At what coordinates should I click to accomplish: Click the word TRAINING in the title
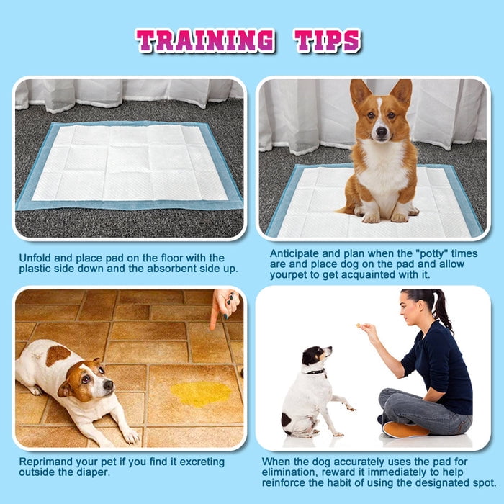[204, 41]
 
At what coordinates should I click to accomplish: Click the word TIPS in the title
[328, 41]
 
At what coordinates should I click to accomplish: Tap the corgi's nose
[379, 134]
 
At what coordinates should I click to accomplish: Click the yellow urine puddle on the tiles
[201, 393]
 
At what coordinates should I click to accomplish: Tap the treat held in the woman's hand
[359, 326]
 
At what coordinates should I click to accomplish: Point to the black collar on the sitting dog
[314, 372]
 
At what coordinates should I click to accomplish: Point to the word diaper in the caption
[92, 472]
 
